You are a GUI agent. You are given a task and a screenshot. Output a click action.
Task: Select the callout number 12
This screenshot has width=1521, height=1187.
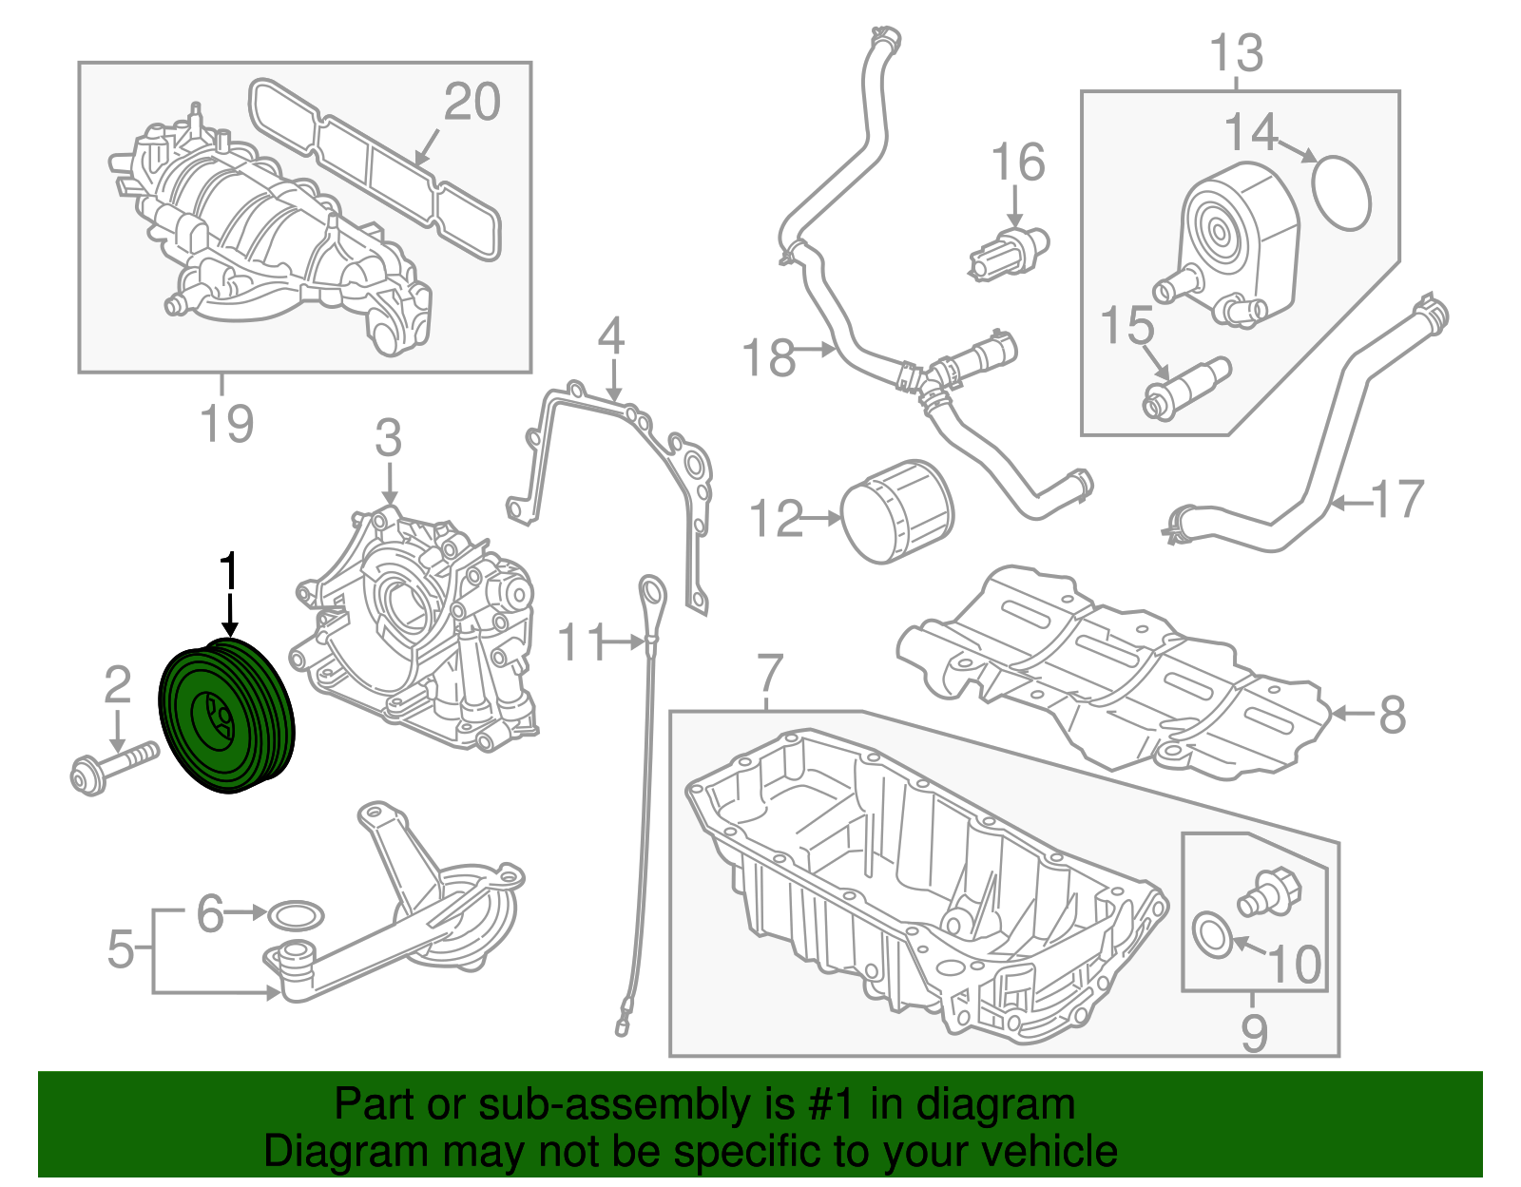pyautogui.click(x=776, y=520)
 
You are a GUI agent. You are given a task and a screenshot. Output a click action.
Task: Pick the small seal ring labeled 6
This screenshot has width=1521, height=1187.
pyautogui.click(x=295, y=917)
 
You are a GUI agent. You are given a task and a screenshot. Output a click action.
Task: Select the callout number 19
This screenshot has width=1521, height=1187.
pyautogui.click(x=227, y=424)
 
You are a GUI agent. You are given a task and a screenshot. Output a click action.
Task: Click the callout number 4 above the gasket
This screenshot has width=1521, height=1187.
pyautogui.click(x=611, y=336)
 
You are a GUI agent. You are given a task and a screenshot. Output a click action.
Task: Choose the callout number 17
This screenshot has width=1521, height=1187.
pyautogui.click(x=1397, y=500)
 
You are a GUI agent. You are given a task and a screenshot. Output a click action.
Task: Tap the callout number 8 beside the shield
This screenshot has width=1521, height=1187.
pyautogui.click(x=1392, y=714)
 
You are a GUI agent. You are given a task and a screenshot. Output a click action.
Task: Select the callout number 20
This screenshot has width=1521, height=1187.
pyautogui.click(x=472, y=103)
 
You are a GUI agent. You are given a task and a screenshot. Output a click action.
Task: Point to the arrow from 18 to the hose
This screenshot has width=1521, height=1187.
pyautogui.click(x=816, y=351)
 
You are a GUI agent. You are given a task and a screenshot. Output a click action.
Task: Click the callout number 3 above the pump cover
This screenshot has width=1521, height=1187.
pyautogui.click(x=388, y=439)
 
